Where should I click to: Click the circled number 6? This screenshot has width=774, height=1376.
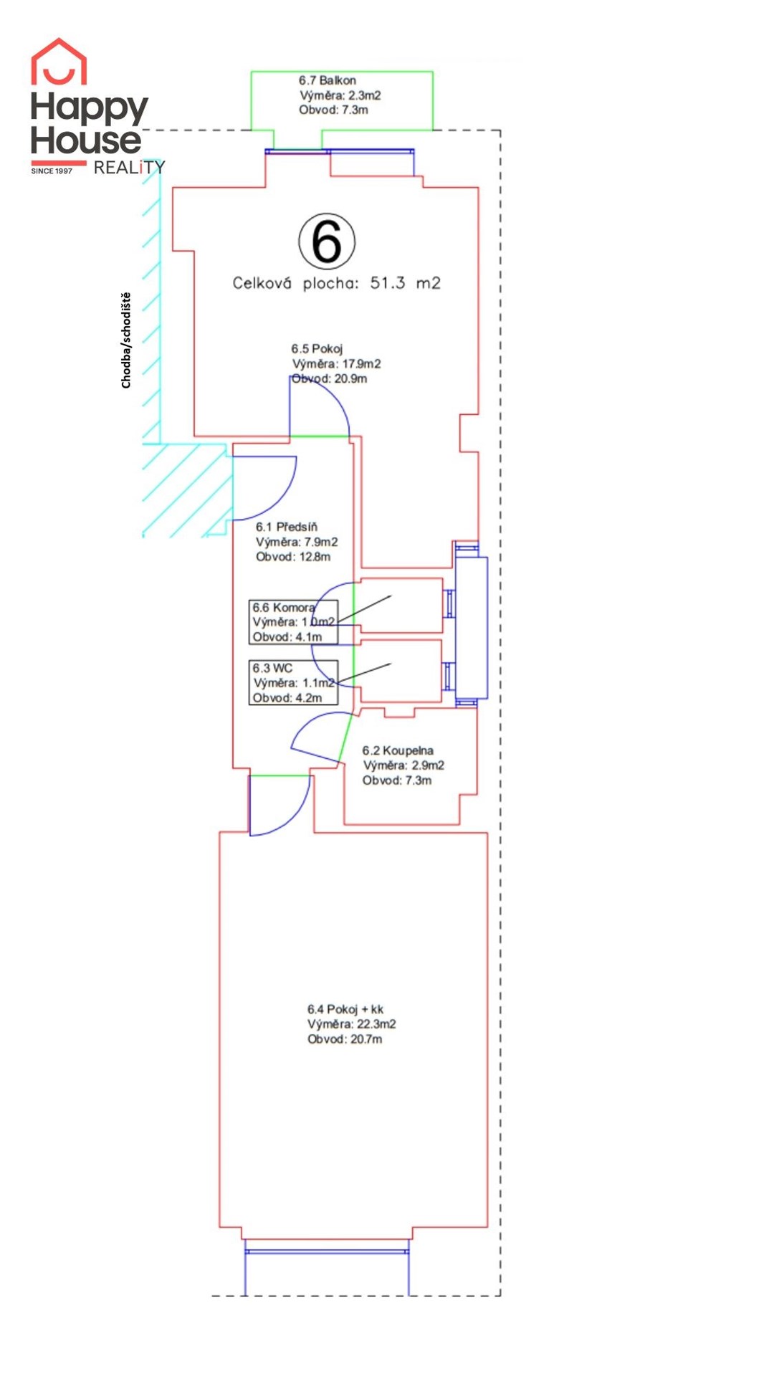[327, 242]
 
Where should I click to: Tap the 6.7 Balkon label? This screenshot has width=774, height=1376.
[328, 80]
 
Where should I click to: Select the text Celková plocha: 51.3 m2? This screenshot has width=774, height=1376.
[336, 283]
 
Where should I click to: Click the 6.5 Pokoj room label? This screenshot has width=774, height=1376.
[317, 349]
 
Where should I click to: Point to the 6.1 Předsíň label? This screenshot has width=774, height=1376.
[287, 527]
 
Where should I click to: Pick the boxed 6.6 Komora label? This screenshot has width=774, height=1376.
[293, 622]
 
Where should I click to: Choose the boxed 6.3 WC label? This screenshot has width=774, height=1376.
[293, 682]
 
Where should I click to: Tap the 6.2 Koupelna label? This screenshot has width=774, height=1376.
[398, 750]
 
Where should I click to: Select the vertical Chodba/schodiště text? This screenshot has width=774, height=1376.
[126, 340]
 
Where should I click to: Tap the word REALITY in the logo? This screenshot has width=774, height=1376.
[129, 168]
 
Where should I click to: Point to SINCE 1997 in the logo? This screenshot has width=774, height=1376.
[52, 171]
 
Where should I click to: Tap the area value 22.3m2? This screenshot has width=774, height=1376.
[376, 1024]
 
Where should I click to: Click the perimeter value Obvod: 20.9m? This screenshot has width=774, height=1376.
[329, 378]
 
